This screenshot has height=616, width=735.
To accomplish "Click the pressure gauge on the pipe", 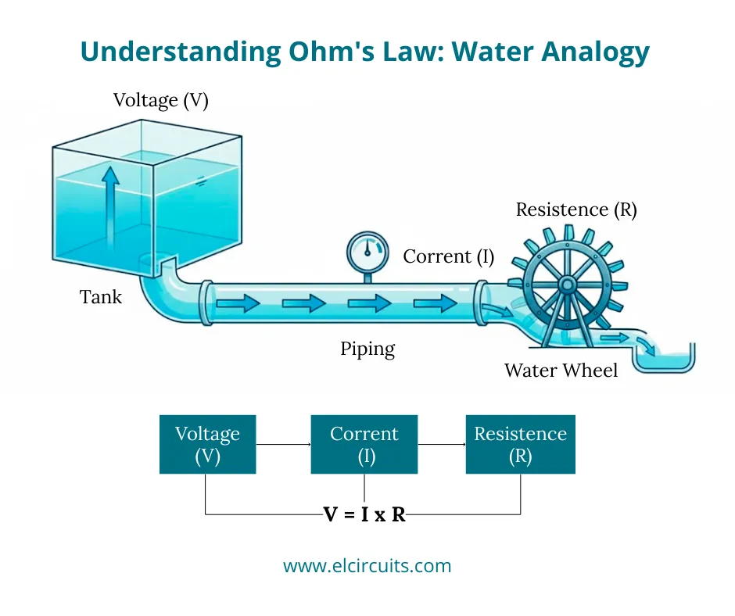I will point(367,252).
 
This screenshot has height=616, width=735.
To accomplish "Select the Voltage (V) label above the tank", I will point(161,100).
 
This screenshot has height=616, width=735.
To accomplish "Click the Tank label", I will point(101,297).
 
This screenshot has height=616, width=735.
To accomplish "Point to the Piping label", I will point(367,349).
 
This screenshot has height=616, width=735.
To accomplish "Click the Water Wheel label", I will point(561,370).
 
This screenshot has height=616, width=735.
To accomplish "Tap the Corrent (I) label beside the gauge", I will point(448,256).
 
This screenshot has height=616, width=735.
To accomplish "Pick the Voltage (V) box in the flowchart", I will point(207,445).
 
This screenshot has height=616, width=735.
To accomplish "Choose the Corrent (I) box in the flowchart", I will point(364,445).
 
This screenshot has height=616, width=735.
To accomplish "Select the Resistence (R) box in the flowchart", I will point(520,445).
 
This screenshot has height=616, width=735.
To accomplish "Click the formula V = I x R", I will point(364,514).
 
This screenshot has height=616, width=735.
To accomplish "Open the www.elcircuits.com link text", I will point(367,565).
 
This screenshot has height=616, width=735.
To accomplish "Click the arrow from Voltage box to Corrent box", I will point(283,445).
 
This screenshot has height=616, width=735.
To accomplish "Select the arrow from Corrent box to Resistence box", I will point(442,445).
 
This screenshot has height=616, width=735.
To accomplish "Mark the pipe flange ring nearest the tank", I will point(206,303).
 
